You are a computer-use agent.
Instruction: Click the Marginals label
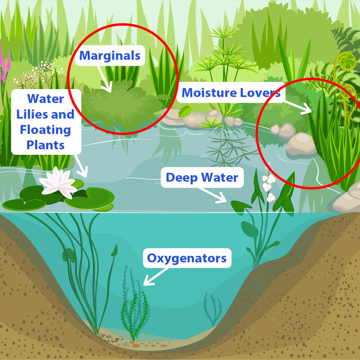pyautogui.click(x=110, y=56)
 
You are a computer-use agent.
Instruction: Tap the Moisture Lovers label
pyautogui.click(x=231, y=93)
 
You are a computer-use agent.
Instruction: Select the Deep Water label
pyautogui.click(x=202, y=178)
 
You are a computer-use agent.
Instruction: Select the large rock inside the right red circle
pyautogui.click(x=301, y=144)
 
